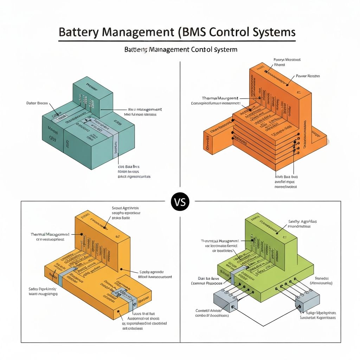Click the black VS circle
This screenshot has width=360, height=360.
(180, 202)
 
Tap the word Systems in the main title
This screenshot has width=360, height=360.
(274, 32)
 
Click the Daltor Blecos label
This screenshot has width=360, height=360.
(37, 103)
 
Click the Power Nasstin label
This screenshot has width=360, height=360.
(308, 76)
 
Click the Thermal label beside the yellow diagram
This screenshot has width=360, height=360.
(50, 234)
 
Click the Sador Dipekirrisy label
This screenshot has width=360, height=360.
(43, 288)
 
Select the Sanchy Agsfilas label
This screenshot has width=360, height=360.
(302, 221)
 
